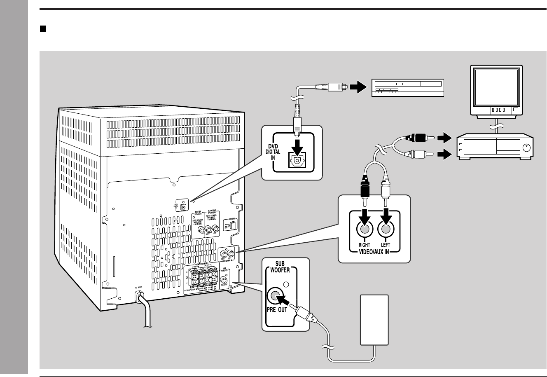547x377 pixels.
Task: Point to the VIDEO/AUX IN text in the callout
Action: click(x=374, y=251)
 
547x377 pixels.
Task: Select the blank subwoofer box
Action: click(x=374, y=320)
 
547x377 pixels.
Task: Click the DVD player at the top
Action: click(x=408, y=87)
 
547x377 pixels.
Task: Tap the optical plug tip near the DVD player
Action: click(x=343, y=87)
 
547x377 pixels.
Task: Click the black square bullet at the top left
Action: click(x=42, y=29)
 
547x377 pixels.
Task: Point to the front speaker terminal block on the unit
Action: click(x=201, y=276)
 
